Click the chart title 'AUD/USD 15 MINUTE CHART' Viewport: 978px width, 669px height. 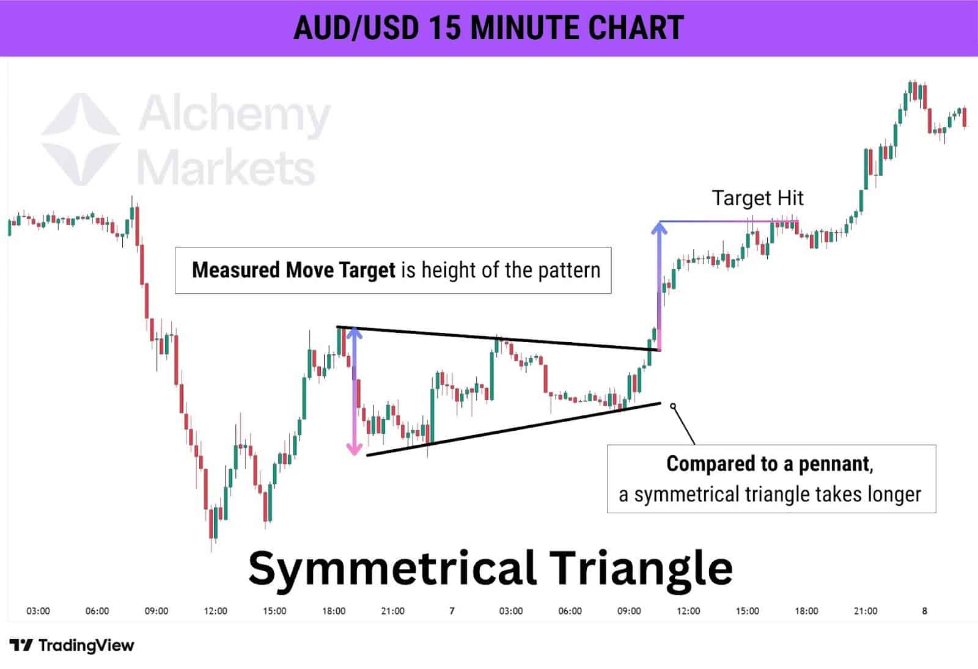point(488,27)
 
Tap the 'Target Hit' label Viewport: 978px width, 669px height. point(757,198)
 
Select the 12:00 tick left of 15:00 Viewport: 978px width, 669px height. point(215,610)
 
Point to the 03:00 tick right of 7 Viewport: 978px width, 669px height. point(511,610)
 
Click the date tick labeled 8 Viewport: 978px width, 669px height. point(924,610)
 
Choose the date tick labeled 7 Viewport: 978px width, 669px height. point(452,610)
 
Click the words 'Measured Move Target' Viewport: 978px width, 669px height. point(293,270)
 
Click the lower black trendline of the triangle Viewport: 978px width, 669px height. point(513,429)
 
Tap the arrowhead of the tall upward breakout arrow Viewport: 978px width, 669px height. point(659,228)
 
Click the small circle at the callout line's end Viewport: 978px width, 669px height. point(673,406)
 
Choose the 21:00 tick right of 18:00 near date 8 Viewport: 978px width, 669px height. point(866,610)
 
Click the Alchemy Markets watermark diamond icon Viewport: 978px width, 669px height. point(81,139)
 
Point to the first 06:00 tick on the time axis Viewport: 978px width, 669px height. point(97,610)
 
